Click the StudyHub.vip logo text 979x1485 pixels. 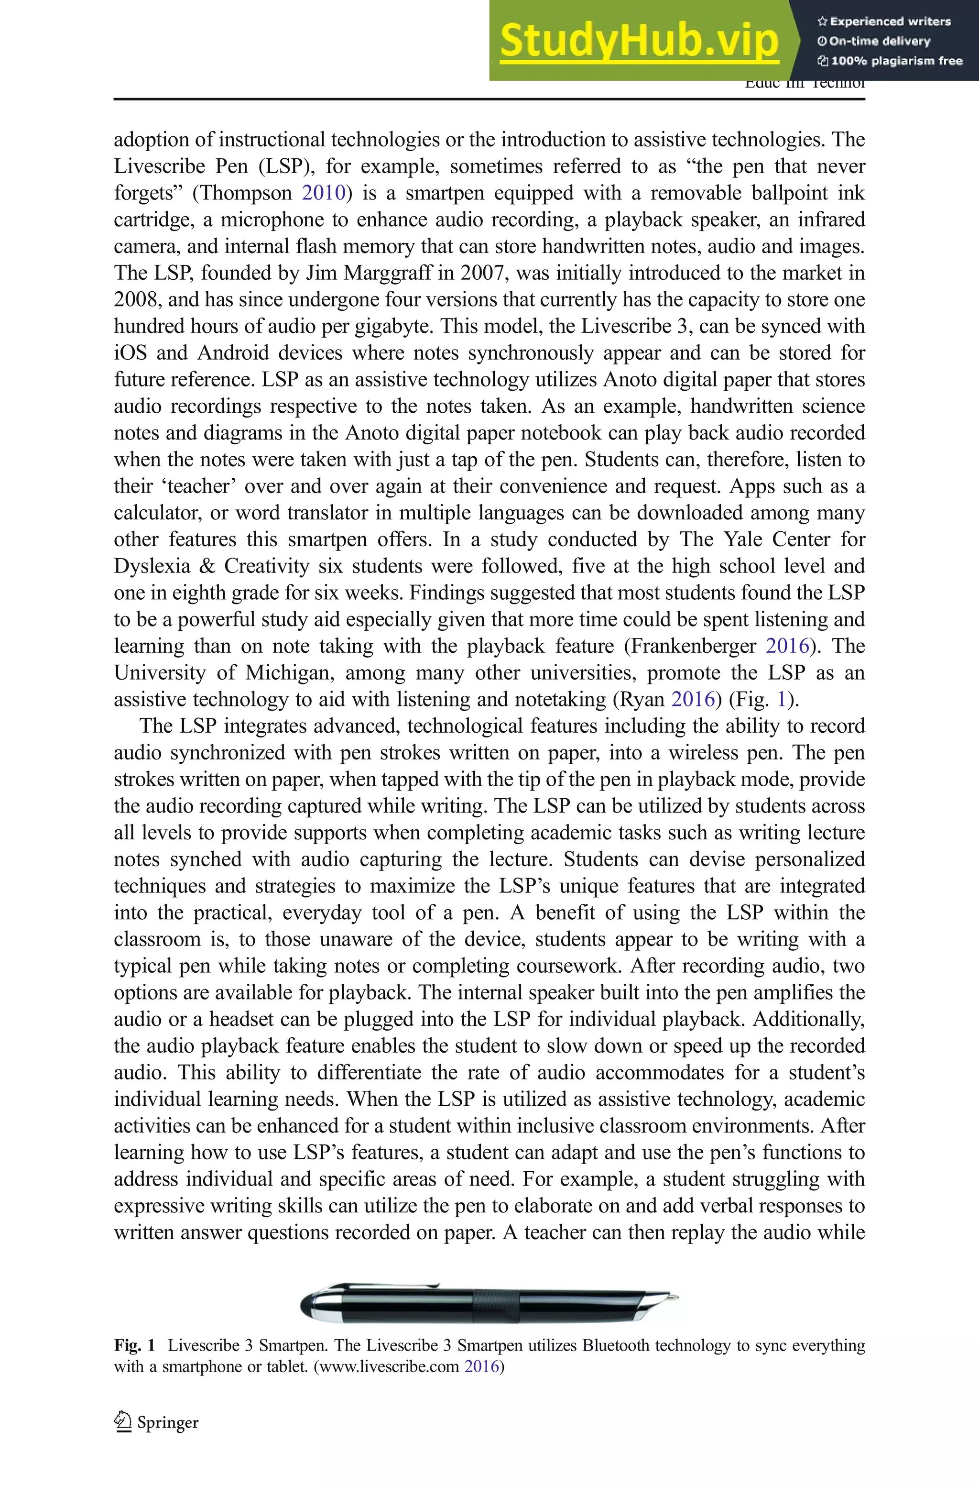[639, 41]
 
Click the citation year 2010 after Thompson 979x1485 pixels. [324, 192]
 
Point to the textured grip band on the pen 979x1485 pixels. [496, 1301]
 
